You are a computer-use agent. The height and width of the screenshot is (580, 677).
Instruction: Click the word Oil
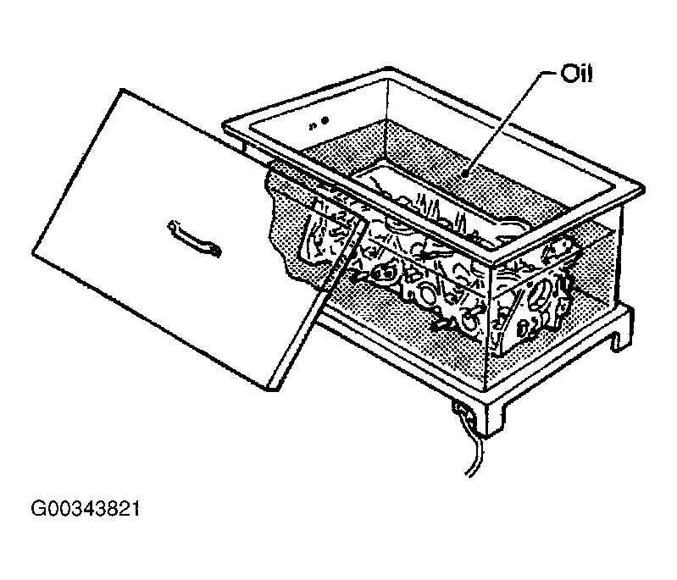[576, 74]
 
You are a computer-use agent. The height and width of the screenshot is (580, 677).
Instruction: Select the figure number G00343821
[86, 509]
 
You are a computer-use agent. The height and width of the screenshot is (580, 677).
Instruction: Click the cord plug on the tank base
[461, 410]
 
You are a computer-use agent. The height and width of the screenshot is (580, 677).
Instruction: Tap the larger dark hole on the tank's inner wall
[325, 120]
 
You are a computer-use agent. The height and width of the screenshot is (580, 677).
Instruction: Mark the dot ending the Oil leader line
[464, 174]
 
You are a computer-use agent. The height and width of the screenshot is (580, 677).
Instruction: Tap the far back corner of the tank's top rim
[389, 69]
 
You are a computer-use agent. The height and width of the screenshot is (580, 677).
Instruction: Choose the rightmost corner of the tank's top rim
[643, 189]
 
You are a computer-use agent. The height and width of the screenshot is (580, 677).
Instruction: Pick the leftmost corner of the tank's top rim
[224, 125]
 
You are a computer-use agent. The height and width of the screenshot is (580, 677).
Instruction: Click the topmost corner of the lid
[122, 90]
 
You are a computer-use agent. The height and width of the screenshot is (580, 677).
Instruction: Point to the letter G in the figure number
[37, 509]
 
